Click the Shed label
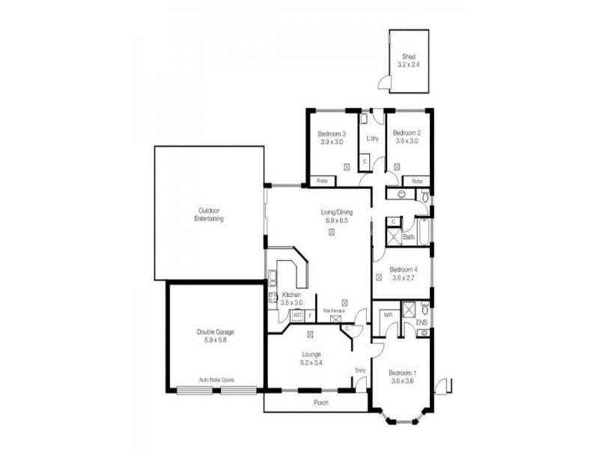(x=408, y=56)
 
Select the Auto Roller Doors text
(x=216, y=380)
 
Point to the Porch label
(x=321, y=403)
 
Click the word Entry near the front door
(x=360, y=370)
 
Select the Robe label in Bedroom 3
(x=321, y=181)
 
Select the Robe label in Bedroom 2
(x=416, y=181)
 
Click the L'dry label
(x=371, y=139)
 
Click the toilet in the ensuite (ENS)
(x=425, y=307)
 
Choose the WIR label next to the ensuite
(x=387, y=315)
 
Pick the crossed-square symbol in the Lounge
(x=310, y=334)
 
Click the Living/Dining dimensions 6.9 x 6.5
(x=338, y=221)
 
